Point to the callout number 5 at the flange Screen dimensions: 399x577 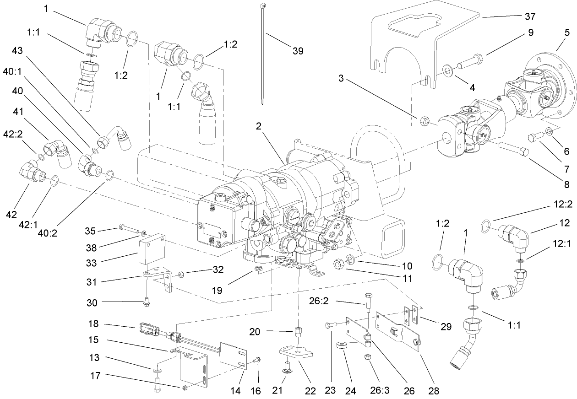(567, 32)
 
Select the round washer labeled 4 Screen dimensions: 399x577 (446, 71)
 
